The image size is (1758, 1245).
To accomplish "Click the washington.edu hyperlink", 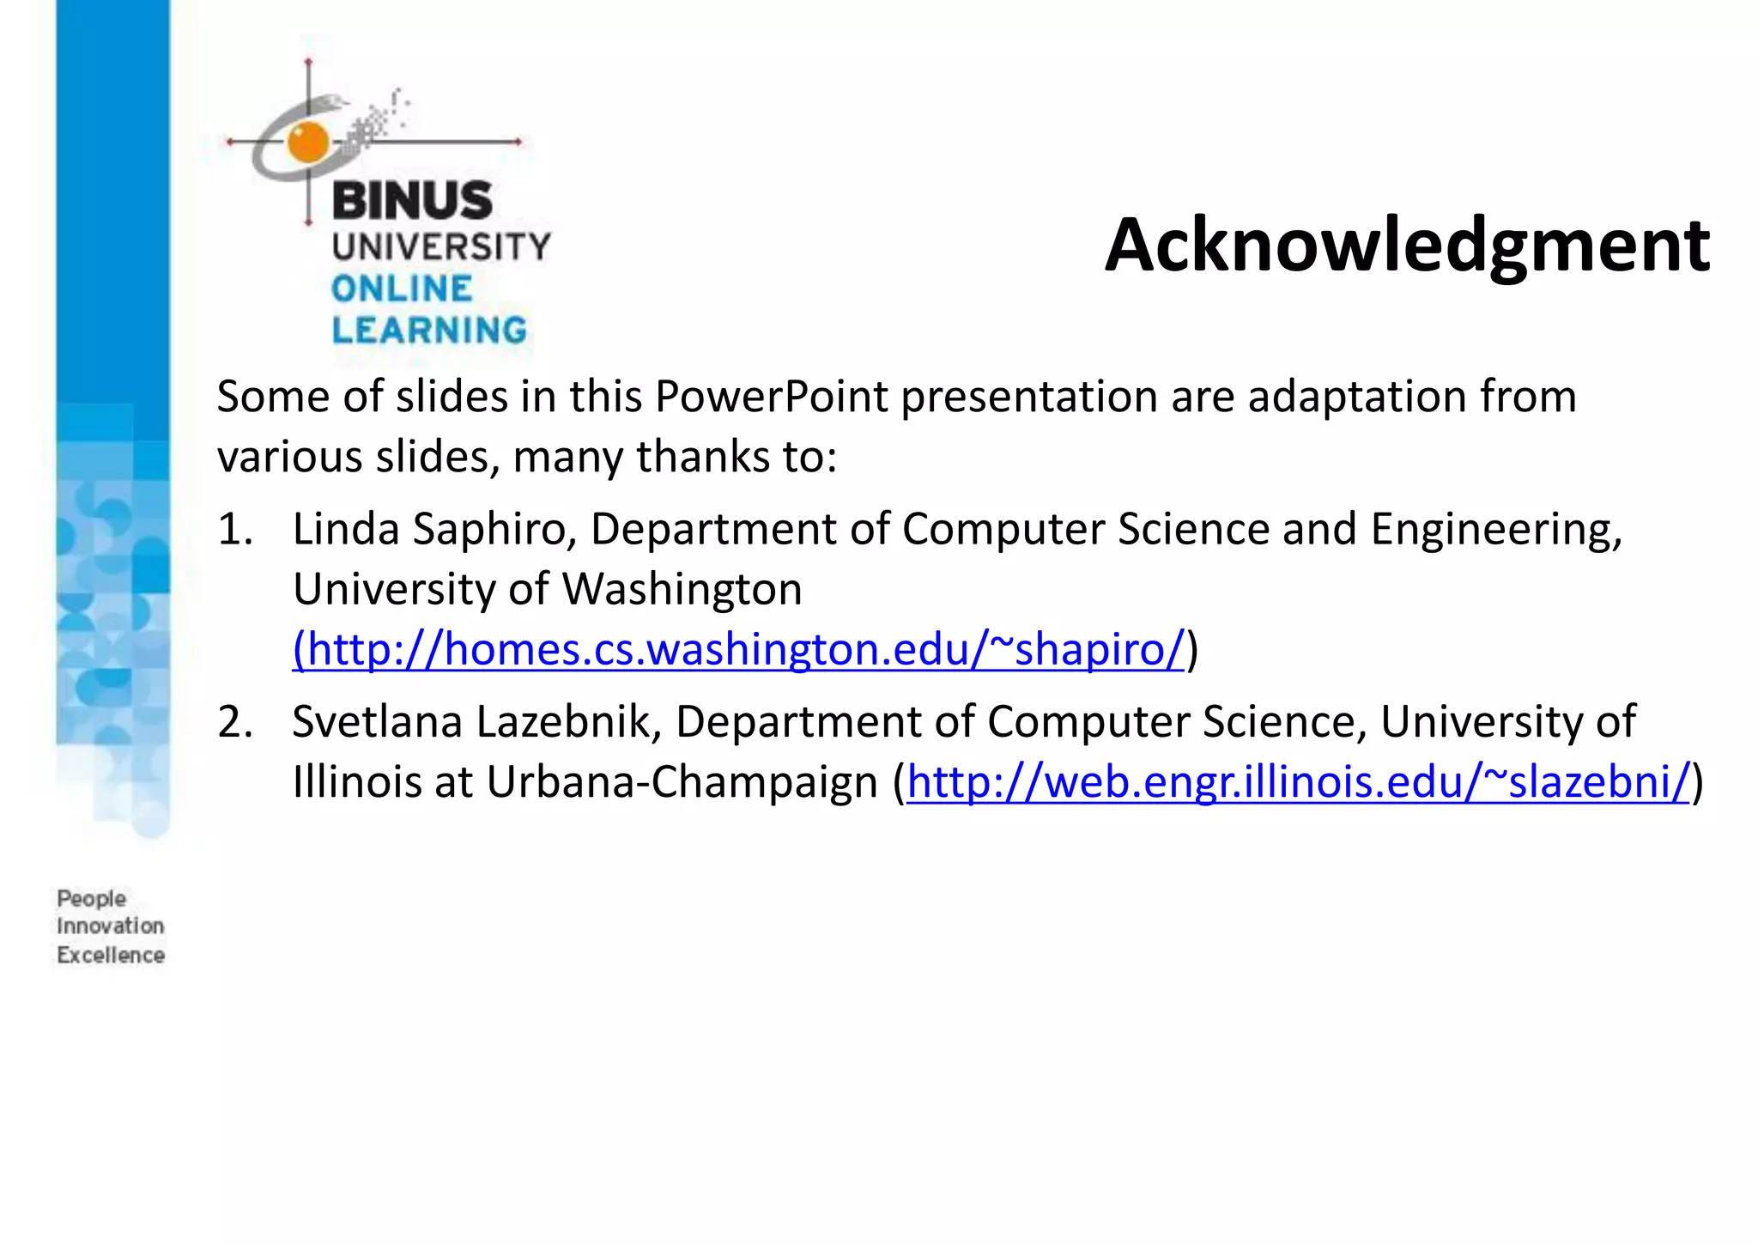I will coord(739,649).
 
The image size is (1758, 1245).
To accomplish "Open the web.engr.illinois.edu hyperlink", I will coord(1298,782).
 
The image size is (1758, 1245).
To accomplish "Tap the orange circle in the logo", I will coord(308,143).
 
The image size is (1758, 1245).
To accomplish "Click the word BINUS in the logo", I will coord(411,201).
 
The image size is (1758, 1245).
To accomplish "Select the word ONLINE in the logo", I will coord(402,289).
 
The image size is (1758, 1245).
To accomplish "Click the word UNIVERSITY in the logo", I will coord(441,247).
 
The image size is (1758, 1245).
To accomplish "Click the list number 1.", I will coord(234,529).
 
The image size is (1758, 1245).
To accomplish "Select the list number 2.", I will coord(234,722).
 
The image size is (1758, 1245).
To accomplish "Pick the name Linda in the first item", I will coord(346,529).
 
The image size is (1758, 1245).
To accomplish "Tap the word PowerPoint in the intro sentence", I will coord(771,397).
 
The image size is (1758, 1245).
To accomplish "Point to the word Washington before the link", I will coord(682,590).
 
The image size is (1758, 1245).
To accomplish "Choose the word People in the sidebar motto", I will coord(91,899).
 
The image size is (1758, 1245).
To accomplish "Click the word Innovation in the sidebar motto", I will coord(110,926).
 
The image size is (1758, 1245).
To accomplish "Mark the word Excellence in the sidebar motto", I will coord(110,955).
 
